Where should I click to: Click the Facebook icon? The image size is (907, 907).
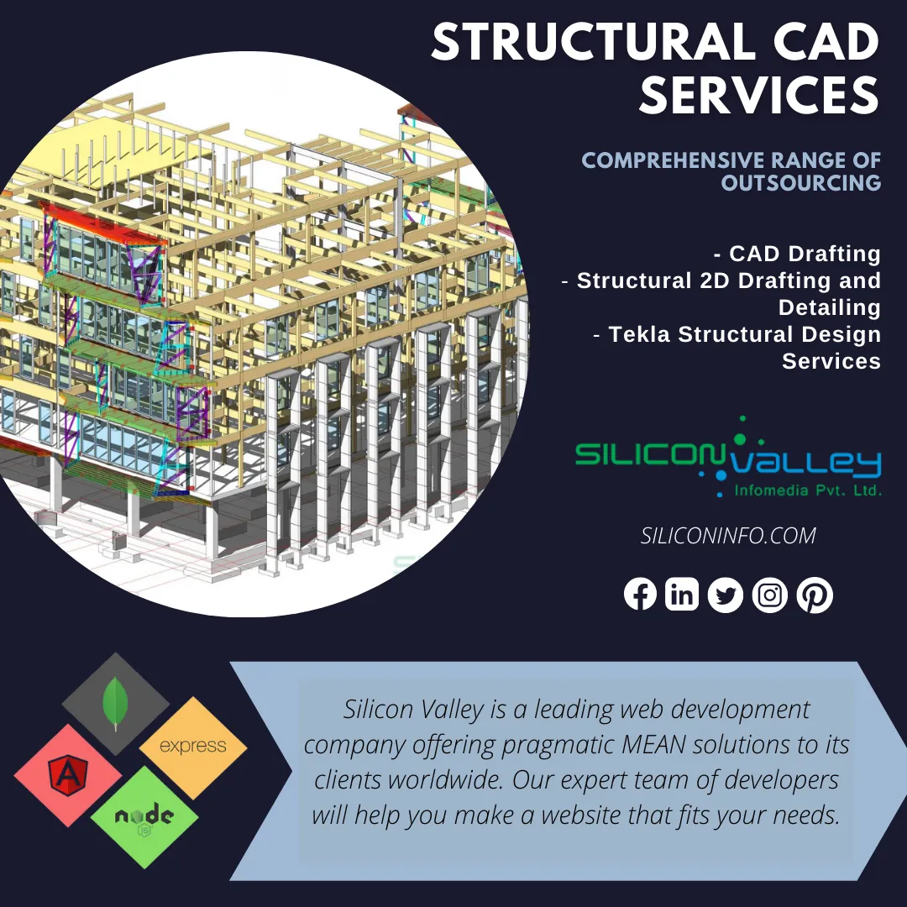(640, 594)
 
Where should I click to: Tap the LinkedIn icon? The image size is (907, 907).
(682, 594)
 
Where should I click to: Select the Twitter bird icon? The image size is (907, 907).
(726, 595)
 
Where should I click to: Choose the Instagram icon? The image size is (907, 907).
(770, 595)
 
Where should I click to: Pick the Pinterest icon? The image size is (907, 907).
(815, 595)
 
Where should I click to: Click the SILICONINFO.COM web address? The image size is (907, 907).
(728, 536)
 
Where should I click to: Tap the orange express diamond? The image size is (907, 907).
(193, 747)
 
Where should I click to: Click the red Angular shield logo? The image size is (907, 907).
(68, 776)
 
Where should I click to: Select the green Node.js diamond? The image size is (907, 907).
(144, 817)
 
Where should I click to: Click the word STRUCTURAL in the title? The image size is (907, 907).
(595, 43)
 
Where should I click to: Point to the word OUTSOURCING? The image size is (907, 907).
(801, 183)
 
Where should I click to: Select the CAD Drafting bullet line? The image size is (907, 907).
(798, 254)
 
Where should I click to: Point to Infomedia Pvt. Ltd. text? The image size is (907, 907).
(808, 490)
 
